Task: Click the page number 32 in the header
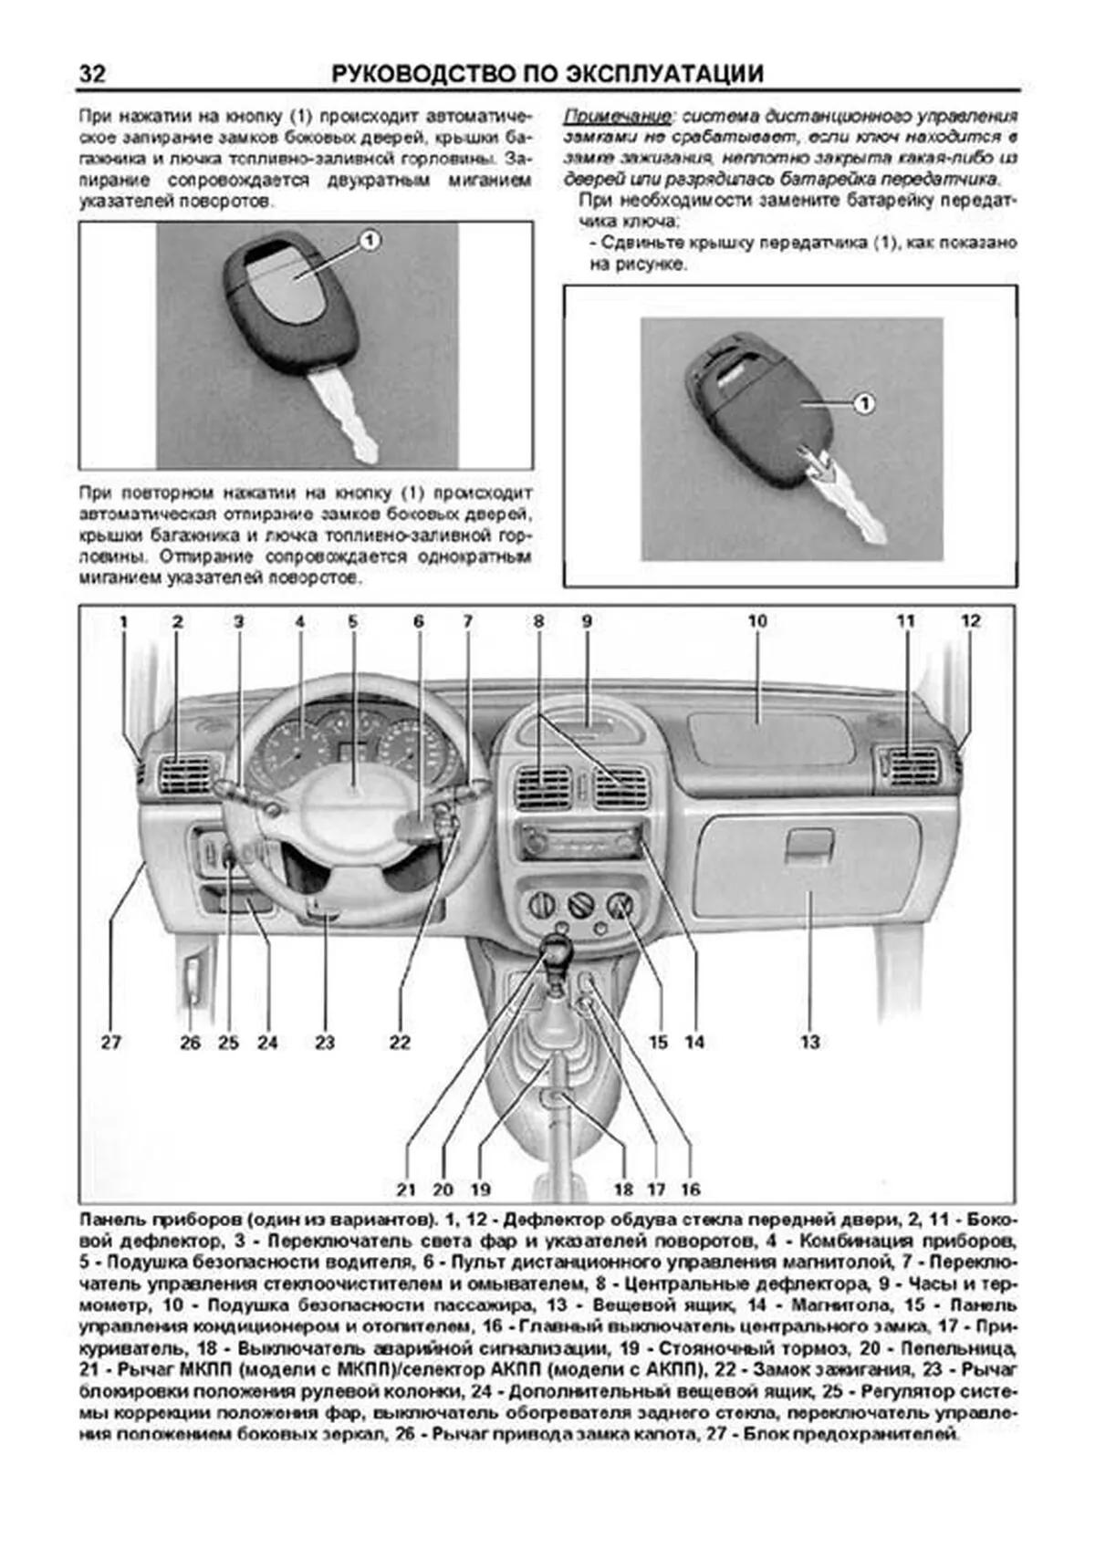[92, 73]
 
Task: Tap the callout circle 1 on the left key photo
[369, 240]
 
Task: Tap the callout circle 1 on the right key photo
[863, 402]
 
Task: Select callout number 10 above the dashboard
[757, 621]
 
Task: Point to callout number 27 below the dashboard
[110, 1042]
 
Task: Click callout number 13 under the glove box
[809, 1042]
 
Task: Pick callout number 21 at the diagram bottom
[406, 1189]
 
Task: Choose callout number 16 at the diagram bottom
[690, 1189]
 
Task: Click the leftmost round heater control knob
[540, 906]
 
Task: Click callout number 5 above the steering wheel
[352, 621]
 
